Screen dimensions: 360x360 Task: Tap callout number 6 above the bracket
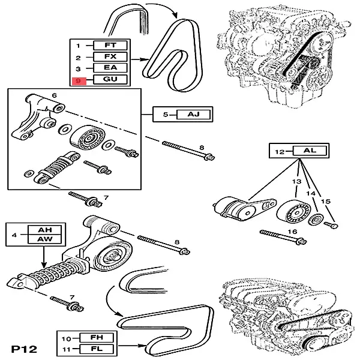click(54, 95)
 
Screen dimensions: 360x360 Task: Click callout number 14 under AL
click(310, 194)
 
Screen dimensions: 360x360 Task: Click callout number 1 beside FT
click(77, 46)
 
